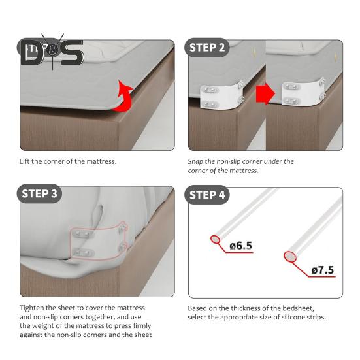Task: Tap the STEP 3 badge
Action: coord(44,194)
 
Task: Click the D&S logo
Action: coord(52,50)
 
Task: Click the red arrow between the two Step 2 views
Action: coord(264,96)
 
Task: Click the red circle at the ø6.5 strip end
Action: coord(216,240)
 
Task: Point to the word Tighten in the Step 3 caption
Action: coord(33,308)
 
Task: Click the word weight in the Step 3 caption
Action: coord(55,326)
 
